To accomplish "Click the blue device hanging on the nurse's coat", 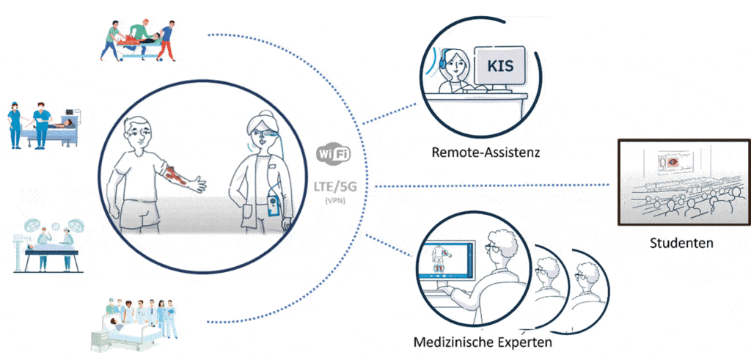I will coord(276,206).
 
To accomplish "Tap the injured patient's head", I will coord(138,132).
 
